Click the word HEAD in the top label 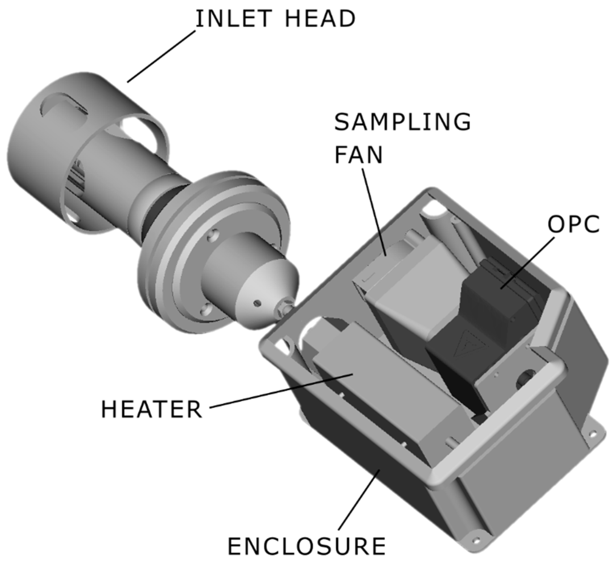click(x=320, y=19)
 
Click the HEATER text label click(x=152, y=409)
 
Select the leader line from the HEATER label click(x=281, y=391)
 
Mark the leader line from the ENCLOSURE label click(x=359, y=500)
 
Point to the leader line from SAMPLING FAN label click(x=374, y=211)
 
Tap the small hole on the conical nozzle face click(x=257, y=303)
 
